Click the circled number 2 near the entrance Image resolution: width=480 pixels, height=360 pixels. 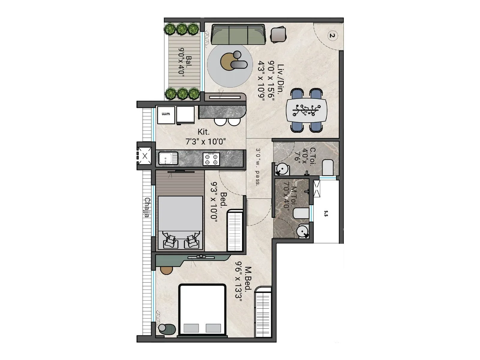coord(332,36)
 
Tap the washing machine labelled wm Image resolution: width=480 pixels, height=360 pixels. coord(166,114)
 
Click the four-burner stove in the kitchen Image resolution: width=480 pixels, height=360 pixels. coord(211,159)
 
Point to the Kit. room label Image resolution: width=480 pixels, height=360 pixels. coord(204,132)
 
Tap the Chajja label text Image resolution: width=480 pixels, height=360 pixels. coord(147,207)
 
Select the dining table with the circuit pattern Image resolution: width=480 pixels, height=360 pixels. coord(306,110)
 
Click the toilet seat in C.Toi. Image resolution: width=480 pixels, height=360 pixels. coord(328,167)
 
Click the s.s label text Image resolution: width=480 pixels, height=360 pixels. coord(326,214)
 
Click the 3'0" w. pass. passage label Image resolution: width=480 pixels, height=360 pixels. coord(258,167)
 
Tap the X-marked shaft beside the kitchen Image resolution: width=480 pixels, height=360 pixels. coord(145,156)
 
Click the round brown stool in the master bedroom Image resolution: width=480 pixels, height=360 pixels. coord(166,269)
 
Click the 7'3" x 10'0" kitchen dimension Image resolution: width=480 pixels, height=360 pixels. coord(205,142)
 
